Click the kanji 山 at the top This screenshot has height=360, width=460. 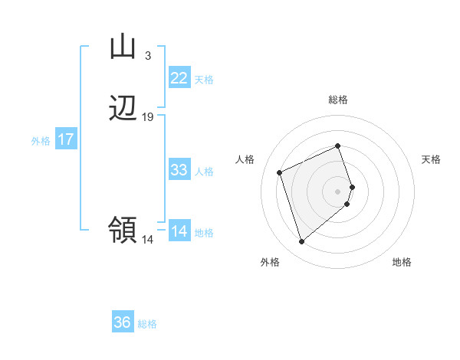click(123, 47)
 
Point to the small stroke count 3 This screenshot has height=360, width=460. click(147, 55)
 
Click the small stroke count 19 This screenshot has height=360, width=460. click(148, 117)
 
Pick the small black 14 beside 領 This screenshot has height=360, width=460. click(148, 239)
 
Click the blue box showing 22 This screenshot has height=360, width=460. click(179, 78)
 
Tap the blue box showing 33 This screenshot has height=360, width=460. click(179, 170)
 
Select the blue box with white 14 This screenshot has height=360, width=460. click(179, 231)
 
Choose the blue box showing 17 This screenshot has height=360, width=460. click(66, 139)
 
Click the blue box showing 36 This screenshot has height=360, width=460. click(123, 322)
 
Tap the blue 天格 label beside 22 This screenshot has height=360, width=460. click(204, 80)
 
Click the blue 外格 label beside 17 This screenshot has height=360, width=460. click(41, 141)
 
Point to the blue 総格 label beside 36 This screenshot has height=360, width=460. click(147, 324)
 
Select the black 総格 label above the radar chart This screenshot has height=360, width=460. click(338, 100)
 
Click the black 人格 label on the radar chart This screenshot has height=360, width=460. click(245, 159)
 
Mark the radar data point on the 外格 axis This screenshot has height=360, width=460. click(301, 241)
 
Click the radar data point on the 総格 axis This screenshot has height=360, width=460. click(338, 146)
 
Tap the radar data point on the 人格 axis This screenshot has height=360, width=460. click(281, 172)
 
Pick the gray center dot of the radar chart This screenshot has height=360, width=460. click(338, 191)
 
